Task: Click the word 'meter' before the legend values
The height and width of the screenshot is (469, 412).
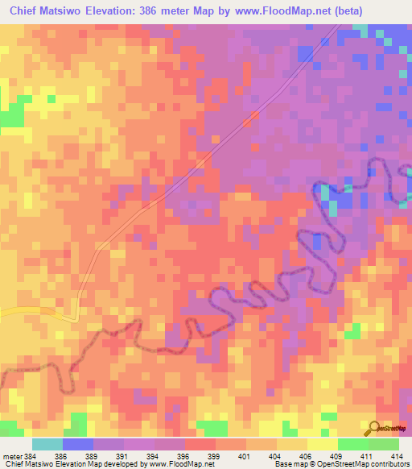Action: point(11,456)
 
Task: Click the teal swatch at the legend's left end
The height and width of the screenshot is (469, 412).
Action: point(47,444)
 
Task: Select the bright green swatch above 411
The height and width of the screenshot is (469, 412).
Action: point(353,444)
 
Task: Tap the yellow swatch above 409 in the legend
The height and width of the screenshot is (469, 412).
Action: point(323,444)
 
